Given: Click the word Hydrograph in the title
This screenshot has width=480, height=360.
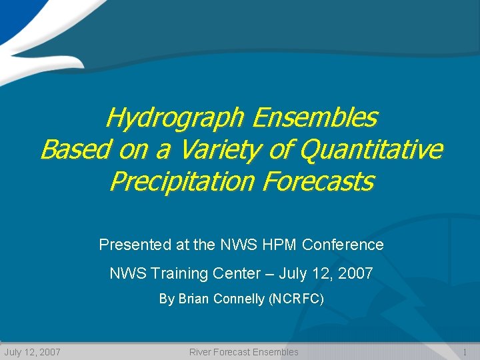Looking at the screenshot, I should [176, 119].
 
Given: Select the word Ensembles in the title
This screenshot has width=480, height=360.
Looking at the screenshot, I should [315, 119].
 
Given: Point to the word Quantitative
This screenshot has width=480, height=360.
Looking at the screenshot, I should [371, 150].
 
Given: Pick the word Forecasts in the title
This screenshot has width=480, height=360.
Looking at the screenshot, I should [318, 181].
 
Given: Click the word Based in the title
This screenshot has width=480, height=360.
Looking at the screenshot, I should [75, 150].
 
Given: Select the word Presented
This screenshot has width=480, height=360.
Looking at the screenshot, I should [135, 245].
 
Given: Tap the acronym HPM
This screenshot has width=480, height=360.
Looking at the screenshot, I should [281, 245].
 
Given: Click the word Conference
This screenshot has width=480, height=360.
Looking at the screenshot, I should [343, 245].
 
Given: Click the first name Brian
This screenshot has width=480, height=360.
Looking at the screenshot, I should [193, 299].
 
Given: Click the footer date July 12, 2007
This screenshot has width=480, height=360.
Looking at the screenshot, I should [33, 352].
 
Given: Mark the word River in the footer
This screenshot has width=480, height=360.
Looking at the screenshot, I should [201, 352].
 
